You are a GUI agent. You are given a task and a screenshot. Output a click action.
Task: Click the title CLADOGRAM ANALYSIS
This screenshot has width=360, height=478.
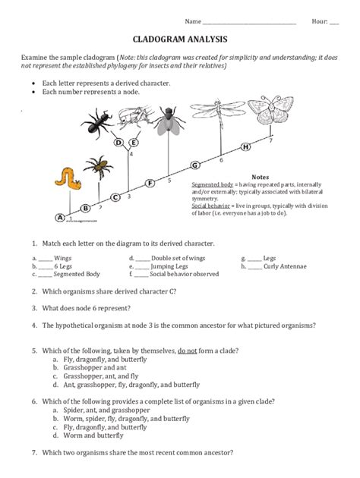180,38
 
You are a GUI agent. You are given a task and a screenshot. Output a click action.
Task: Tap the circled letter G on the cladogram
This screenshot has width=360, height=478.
195,165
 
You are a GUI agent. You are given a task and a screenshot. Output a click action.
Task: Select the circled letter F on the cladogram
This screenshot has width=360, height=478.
150,183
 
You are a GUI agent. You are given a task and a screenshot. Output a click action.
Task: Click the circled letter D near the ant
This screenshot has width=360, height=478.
118,142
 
